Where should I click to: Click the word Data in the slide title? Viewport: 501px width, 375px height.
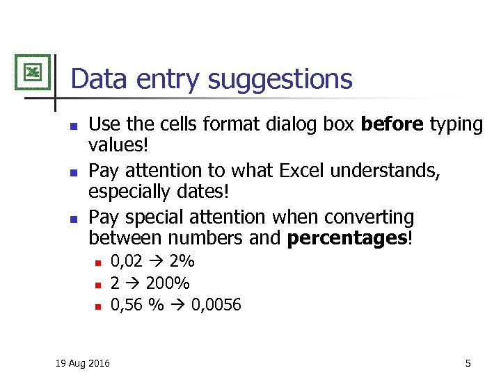pyautogui.click(x=97, y=78)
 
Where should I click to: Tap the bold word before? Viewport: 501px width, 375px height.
pyautogui.click(x=392, y=124)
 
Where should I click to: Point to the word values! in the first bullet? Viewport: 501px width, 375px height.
pyautogui.click(x=119, y=145)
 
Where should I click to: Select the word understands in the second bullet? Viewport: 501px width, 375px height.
pyautogui.click(x=380, y=171)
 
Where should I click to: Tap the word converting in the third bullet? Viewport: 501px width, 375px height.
pyautogui.click(x=361, y=217)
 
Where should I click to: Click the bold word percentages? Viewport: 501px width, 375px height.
pyautogui.click(x=347, y=238)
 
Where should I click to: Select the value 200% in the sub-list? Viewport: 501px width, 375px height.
pyautogui.click(x=168, y=283)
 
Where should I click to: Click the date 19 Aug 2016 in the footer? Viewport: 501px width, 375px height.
pyautogui.click(x=81, y=362)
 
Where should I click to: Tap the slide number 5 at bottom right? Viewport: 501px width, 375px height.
pyautogui.click(x=468, y=362)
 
